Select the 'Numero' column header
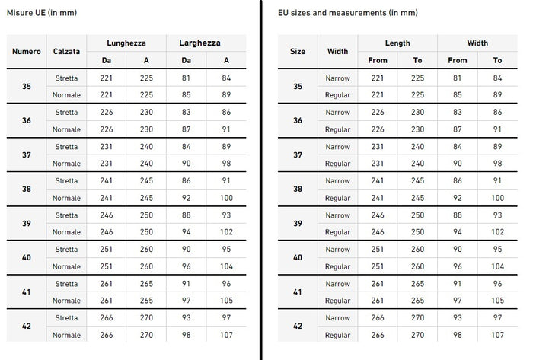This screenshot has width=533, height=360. [x=27, y=51]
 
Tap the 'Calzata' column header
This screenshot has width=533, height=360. [x=66, y=51]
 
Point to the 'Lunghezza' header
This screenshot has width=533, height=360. [x=126, y=43]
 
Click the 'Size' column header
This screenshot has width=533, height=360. [x=298, y=51]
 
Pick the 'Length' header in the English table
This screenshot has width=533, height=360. [x=397, y=43]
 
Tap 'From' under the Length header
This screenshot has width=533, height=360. [x=378, y=60]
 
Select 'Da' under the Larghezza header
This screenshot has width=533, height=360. [x=186, y=60]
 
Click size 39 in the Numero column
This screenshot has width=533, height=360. [x=27, y=224]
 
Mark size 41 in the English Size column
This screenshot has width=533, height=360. [x=298, y=292]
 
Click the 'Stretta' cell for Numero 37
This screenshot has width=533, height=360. [x=66, y=147]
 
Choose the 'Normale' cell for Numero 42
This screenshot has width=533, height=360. [x=66, y=335]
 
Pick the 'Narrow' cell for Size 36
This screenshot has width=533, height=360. [x=337, y=113]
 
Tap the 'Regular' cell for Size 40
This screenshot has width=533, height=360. [x=337, y=266]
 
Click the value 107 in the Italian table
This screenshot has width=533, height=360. [x=227, y=335]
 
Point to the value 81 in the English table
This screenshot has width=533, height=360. [x=457, y=78]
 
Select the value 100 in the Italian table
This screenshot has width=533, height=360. [x=227, y=198]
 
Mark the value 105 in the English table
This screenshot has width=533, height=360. [x=497, y=301]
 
